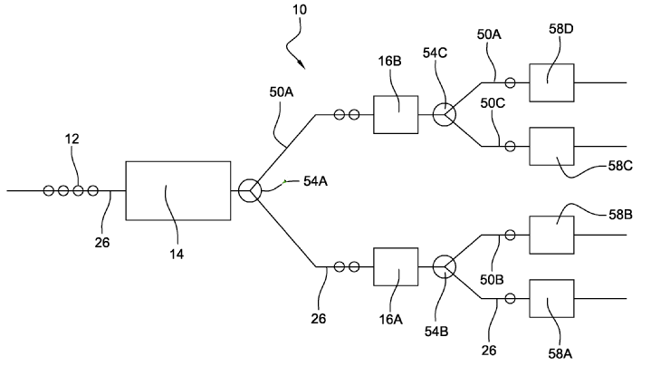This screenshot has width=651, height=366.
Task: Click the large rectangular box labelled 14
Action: (x=177, y=191)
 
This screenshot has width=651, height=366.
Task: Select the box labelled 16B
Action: (x=396, y=115)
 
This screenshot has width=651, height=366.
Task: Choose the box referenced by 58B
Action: (x=551, y=236)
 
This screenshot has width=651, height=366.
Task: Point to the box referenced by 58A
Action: (x=551, y=300)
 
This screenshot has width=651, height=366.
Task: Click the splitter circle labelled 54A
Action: (x=250, y=191)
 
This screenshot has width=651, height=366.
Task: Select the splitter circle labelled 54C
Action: (x=445, y=115)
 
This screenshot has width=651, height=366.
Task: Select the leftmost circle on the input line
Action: (x=48, y=191)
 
